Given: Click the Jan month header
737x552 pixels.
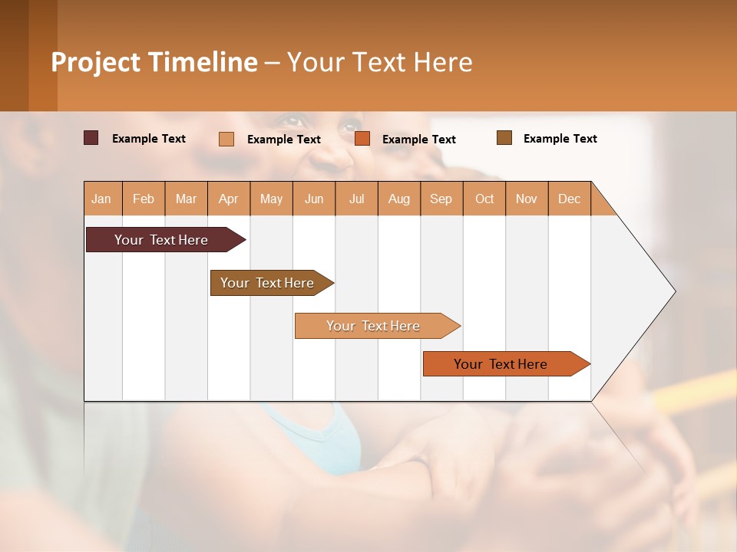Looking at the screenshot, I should click(x=102, y=199).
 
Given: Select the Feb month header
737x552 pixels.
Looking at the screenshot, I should click(x=144, y=199).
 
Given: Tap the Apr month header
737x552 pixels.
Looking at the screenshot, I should click(x=229, y=199).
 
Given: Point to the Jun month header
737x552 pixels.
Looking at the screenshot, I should click(x=314, y=199).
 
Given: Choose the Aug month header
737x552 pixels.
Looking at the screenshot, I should click(x=399, y=199).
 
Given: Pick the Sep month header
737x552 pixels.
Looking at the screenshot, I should click(x=441, y=199).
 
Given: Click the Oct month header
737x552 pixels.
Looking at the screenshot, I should click(x=484, y=199).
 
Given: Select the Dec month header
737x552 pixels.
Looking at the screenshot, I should click(x=570, y=199).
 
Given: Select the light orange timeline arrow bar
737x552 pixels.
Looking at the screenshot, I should click(x=374, y=326).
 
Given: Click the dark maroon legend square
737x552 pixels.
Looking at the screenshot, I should click(x=91, y=138).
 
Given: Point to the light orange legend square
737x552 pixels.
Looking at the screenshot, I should click(x=226, y=139).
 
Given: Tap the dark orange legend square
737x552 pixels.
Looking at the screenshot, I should click(x=362, y=139).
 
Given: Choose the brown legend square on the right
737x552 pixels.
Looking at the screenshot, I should click(x=504, y=138).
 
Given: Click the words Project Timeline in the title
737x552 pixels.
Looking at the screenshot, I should click(x=154, y=62).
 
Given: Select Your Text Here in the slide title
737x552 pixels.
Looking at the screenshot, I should click(x=380, y=62).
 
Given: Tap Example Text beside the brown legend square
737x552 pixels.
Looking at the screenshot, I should click(x=560, y=139).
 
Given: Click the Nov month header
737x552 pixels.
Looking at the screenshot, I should click(x=527, y=199).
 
